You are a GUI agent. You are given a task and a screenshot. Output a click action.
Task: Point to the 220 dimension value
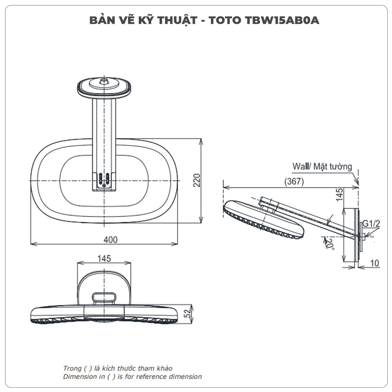coord(197,180)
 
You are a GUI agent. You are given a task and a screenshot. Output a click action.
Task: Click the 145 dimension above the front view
coord(104,258)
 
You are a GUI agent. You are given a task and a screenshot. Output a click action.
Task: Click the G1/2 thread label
coord(371,223)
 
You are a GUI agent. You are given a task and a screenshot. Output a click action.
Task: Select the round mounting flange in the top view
coord(104,87)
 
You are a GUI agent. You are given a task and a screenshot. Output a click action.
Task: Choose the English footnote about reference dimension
coord(132,377)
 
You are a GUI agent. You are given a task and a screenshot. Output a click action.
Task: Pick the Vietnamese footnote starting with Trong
coord(118,368)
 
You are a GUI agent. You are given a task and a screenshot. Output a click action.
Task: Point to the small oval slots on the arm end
coord(104,179)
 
